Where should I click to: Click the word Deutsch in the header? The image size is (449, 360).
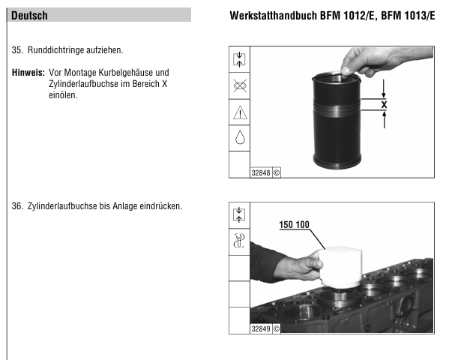(29, 16)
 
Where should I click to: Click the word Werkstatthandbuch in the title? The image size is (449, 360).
(274, 16)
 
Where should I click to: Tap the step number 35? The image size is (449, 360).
(17, 50)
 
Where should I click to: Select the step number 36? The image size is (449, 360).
(17, 206)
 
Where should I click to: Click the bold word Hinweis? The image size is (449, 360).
(28, 73)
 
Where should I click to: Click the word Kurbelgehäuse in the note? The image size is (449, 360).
(126, 73)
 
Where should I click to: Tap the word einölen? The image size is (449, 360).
(63, 95)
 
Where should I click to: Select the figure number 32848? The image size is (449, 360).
(261, 172)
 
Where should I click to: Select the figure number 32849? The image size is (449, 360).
(261, 328)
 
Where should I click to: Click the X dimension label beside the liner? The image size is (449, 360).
(384, 104)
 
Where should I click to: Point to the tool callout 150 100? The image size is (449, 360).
(294, 224)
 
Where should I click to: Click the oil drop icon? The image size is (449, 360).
(240, 137)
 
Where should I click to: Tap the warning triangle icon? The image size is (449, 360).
(240, 112)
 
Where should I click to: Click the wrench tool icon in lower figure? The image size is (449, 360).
(239, 241)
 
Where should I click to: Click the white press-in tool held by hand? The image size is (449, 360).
(340, 267)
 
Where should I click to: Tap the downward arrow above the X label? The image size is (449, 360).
(384, 88)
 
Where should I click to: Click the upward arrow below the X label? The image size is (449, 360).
(384, 119)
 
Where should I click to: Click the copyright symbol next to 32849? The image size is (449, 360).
(277, 328)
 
